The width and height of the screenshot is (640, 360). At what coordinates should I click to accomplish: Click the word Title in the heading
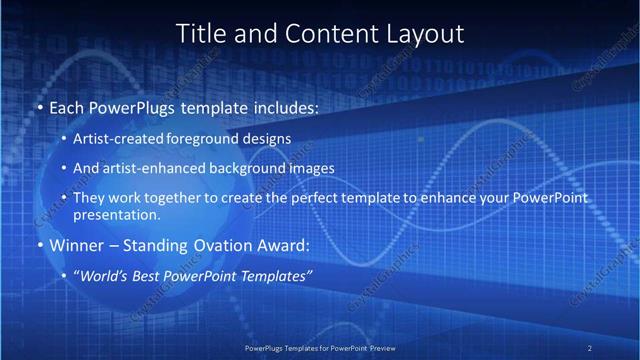[x=199, y=33]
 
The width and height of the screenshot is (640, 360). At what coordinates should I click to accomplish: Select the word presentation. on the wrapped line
[x=117, y=214]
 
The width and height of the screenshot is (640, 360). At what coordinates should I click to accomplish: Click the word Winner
[x=78, y=245]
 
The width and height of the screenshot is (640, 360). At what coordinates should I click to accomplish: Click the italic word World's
[x=105, y=276]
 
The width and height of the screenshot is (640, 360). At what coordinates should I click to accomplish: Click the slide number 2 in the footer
[x=589, y=347]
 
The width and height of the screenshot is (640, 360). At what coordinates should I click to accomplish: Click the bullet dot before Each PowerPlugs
[x=39, y=106]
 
